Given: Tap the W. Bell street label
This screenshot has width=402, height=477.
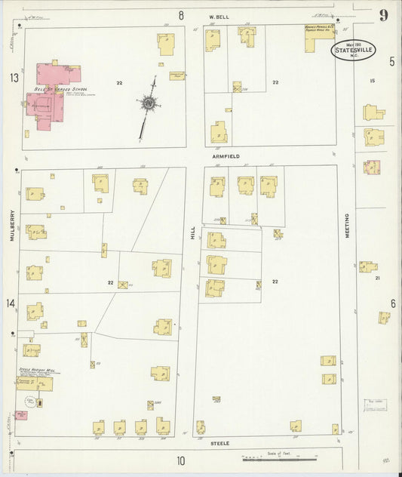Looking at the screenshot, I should (x=219, y=15).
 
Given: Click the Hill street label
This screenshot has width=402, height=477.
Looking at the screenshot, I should (x=192, y=236).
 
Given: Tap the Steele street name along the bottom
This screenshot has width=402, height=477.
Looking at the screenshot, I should (x=219, y=442).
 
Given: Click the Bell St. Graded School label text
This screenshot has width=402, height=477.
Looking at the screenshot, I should (x=62, y=88).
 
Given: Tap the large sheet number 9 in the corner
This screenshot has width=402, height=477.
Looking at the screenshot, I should (x=384, y=14).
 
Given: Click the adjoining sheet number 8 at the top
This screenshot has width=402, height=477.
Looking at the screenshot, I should (x=181, y=15).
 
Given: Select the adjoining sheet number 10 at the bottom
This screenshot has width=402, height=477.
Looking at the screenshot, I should (x=181, y=460).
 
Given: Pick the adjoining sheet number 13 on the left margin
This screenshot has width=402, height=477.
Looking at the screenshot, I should (x=14, y=78).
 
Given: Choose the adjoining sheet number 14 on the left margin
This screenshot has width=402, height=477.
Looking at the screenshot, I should (x=11, y=303).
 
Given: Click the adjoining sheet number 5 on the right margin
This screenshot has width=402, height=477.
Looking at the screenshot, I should (x=391, y=62).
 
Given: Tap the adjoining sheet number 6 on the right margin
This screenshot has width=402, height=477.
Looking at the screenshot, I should (x=393, y=303).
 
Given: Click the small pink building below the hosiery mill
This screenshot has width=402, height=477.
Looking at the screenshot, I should (x=20, y=415).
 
